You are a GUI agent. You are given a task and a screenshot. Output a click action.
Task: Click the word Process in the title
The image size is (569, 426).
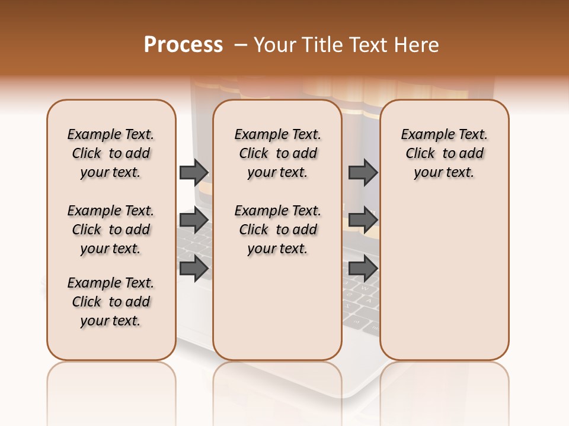pos(183,44)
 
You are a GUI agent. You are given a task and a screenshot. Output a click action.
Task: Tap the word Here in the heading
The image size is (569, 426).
pos(418,45)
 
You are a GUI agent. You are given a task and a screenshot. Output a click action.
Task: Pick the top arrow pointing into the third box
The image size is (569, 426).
pos(363,172)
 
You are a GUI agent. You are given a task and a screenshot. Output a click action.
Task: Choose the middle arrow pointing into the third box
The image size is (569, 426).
pos(363,220)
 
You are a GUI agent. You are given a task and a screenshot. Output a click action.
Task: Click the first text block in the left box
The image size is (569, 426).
pos(111,153)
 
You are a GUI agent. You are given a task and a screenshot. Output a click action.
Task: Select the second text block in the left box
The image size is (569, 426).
pos(111,230)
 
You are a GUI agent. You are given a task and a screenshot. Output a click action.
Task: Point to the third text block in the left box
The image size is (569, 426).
pos(111,302)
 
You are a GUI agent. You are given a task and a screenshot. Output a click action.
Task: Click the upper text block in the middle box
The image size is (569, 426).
pos(277,153)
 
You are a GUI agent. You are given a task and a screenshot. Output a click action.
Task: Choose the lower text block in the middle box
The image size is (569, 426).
pos(277,230)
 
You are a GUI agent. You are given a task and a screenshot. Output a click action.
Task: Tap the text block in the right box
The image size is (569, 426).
pos(444,153)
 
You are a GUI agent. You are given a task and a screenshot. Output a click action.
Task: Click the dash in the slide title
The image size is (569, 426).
pos(240,45)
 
